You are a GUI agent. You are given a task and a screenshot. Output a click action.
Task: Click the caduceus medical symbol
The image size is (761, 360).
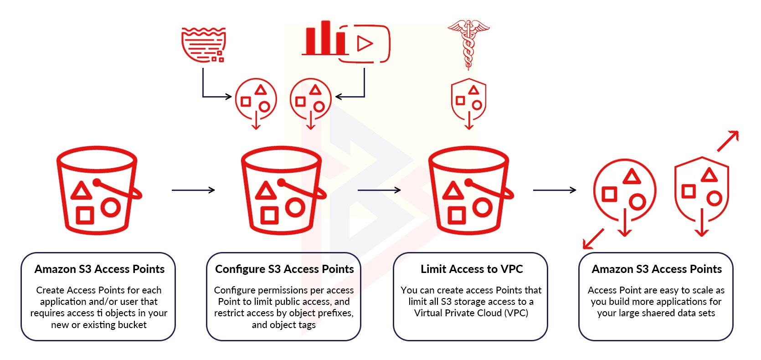pos(468,44)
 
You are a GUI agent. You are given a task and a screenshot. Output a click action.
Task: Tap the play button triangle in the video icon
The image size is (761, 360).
pos(365,43)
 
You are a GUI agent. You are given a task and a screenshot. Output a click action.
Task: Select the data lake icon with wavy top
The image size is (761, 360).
pos(204,45)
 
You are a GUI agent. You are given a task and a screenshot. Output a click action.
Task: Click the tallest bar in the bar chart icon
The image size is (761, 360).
pos(325,37)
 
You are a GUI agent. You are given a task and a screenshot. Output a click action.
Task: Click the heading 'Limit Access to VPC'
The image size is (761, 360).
pos(472,269)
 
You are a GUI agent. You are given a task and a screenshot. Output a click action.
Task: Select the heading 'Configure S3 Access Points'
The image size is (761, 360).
pos(284,269)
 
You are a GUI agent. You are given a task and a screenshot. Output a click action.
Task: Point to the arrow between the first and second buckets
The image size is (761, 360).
pos(193,190)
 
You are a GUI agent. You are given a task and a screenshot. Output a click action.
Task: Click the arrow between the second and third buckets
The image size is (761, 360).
pos(379,190)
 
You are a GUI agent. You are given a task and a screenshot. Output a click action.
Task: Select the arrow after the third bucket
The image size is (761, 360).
pos(555,190)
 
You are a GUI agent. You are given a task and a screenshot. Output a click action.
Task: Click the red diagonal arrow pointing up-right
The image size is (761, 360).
pos(728,141)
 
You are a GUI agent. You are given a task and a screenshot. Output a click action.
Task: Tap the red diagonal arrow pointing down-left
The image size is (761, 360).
pos(593,239)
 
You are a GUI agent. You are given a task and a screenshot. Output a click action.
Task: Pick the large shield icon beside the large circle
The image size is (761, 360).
pos(702,190)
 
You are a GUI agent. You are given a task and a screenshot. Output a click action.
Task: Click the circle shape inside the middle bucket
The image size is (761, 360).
pos(295,207)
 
